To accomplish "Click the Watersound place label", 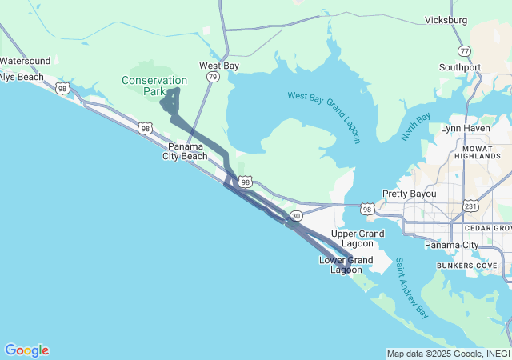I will [25, 61].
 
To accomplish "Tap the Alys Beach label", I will [22, 77].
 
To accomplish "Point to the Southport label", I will [460, 67].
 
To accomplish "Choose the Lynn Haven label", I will [465, 128].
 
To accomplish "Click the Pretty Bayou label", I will [407, 194].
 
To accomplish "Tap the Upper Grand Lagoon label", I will [358, 238].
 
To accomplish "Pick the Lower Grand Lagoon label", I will [346, 265].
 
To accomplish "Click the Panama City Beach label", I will [186, 151].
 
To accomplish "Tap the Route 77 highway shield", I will [465, 50].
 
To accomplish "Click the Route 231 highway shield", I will [471, 206].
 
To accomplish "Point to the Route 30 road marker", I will [296, 216].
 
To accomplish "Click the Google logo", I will [26, 350].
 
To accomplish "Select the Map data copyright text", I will [447, 354].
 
